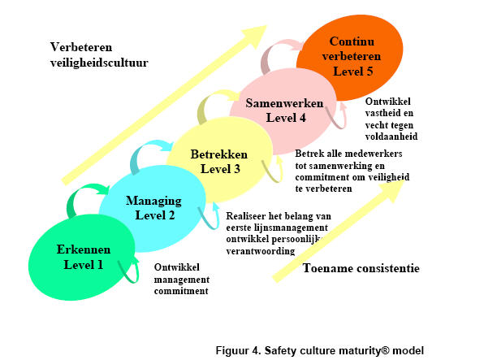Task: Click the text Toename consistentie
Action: (361, 267)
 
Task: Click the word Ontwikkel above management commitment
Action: (177, 267)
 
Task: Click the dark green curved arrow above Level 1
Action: (83, 200)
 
